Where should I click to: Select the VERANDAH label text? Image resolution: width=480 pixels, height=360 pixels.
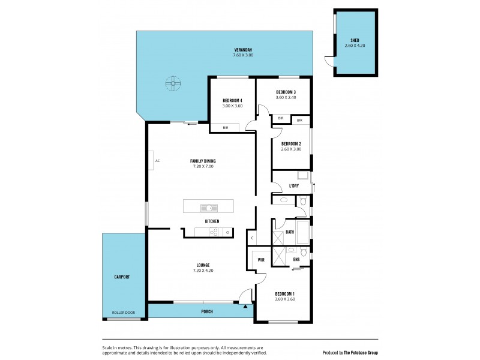[242, 50]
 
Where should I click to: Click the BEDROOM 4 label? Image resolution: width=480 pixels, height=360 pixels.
[232, 100]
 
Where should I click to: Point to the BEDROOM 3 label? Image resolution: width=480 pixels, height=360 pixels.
[286, 92]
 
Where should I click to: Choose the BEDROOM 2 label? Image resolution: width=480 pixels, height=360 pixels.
[291, 143]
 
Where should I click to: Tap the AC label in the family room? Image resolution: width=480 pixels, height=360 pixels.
[157, 161]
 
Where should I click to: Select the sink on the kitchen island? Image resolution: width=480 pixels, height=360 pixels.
[208, 208]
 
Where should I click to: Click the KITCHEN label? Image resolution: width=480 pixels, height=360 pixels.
[212, 221]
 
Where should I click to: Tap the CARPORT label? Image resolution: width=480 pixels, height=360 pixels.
[122, 277]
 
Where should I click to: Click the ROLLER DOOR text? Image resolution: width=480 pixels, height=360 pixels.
[124, 313]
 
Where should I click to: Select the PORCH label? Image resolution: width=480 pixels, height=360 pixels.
[207, 312]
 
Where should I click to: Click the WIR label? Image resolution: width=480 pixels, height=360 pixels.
[261, 260]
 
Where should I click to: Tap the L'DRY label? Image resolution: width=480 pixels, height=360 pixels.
[294, 186]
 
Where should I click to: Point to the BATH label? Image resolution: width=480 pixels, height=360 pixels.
[290, 232]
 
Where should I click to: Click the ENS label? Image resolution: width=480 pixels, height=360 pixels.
[296, 259]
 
